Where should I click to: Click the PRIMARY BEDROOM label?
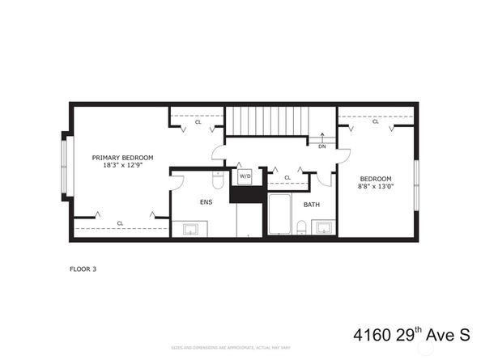pos(122,157)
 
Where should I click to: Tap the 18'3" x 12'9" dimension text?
pos(122,165)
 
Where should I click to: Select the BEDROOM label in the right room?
pos(376,179)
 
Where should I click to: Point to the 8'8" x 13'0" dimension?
pos(376,187)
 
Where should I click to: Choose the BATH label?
pos(312,205)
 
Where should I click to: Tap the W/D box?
pos(245,176)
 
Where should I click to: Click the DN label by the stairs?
pos(322,146)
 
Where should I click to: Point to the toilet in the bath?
pos(302,227)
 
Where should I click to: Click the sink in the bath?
pos(322,227)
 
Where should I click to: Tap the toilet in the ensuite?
pos(218,176)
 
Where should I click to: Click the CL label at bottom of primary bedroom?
pos(120,222)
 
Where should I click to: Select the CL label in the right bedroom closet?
pos(375,121)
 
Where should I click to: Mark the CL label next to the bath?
pos(287,177)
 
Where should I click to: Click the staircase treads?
pos(266,121)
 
